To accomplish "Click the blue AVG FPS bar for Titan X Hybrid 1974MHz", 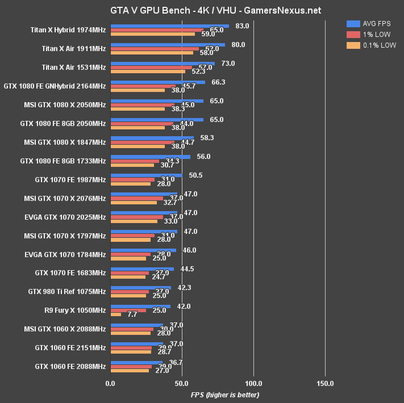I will click(170, 26).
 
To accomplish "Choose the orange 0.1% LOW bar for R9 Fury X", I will click(116, 314).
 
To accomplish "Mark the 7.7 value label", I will click(132, 314).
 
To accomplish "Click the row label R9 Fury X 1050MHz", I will click(74, 310).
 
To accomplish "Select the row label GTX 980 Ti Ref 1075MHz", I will click(66, 292).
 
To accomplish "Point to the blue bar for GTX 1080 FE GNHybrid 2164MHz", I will click(158, 82).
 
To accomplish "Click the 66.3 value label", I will click(218, 82).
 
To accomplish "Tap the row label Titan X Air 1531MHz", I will click(74, 68).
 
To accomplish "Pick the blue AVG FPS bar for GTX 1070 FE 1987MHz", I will click(147, 175).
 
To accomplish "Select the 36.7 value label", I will click(176, 362).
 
